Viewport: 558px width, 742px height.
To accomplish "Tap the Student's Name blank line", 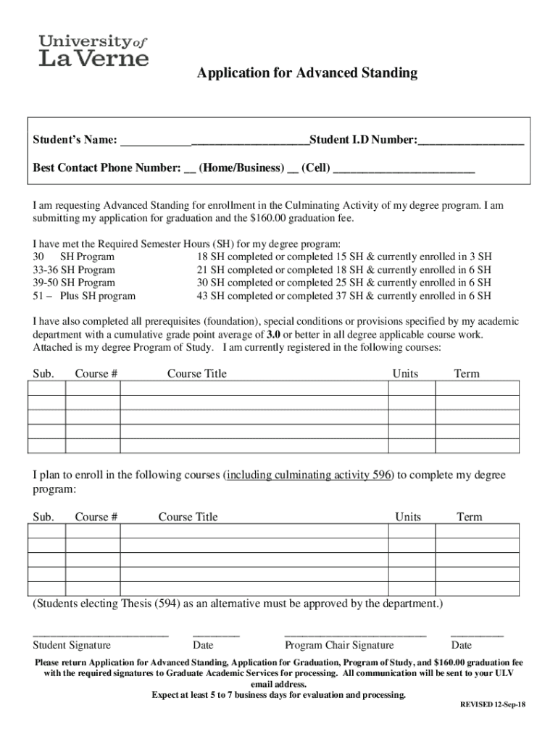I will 214,140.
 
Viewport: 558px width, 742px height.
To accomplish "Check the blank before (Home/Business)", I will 190,169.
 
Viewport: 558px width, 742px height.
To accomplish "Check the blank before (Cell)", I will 293,169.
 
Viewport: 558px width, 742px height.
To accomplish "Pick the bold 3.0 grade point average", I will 273,335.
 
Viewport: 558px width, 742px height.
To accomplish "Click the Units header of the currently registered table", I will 405,374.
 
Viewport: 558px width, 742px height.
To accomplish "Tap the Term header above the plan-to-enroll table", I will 469,517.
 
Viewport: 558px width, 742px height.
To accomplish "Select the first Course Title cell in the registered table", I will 254,388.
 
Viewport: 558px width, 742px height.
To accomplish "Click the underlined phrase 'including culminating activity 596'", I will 309,475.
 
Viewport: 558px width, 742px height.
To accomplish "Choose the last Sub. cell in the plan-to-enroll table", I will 47,588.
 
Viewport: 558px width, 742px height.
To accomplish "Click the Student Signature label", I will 72,646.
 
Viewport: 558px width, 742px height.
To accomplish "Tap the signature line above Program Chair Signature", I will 355,635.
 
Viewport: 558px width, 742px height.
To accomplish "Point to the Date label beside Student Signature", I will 203,646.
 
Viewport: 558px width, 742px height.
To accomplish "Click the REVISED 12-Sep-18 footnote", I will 493,705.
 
